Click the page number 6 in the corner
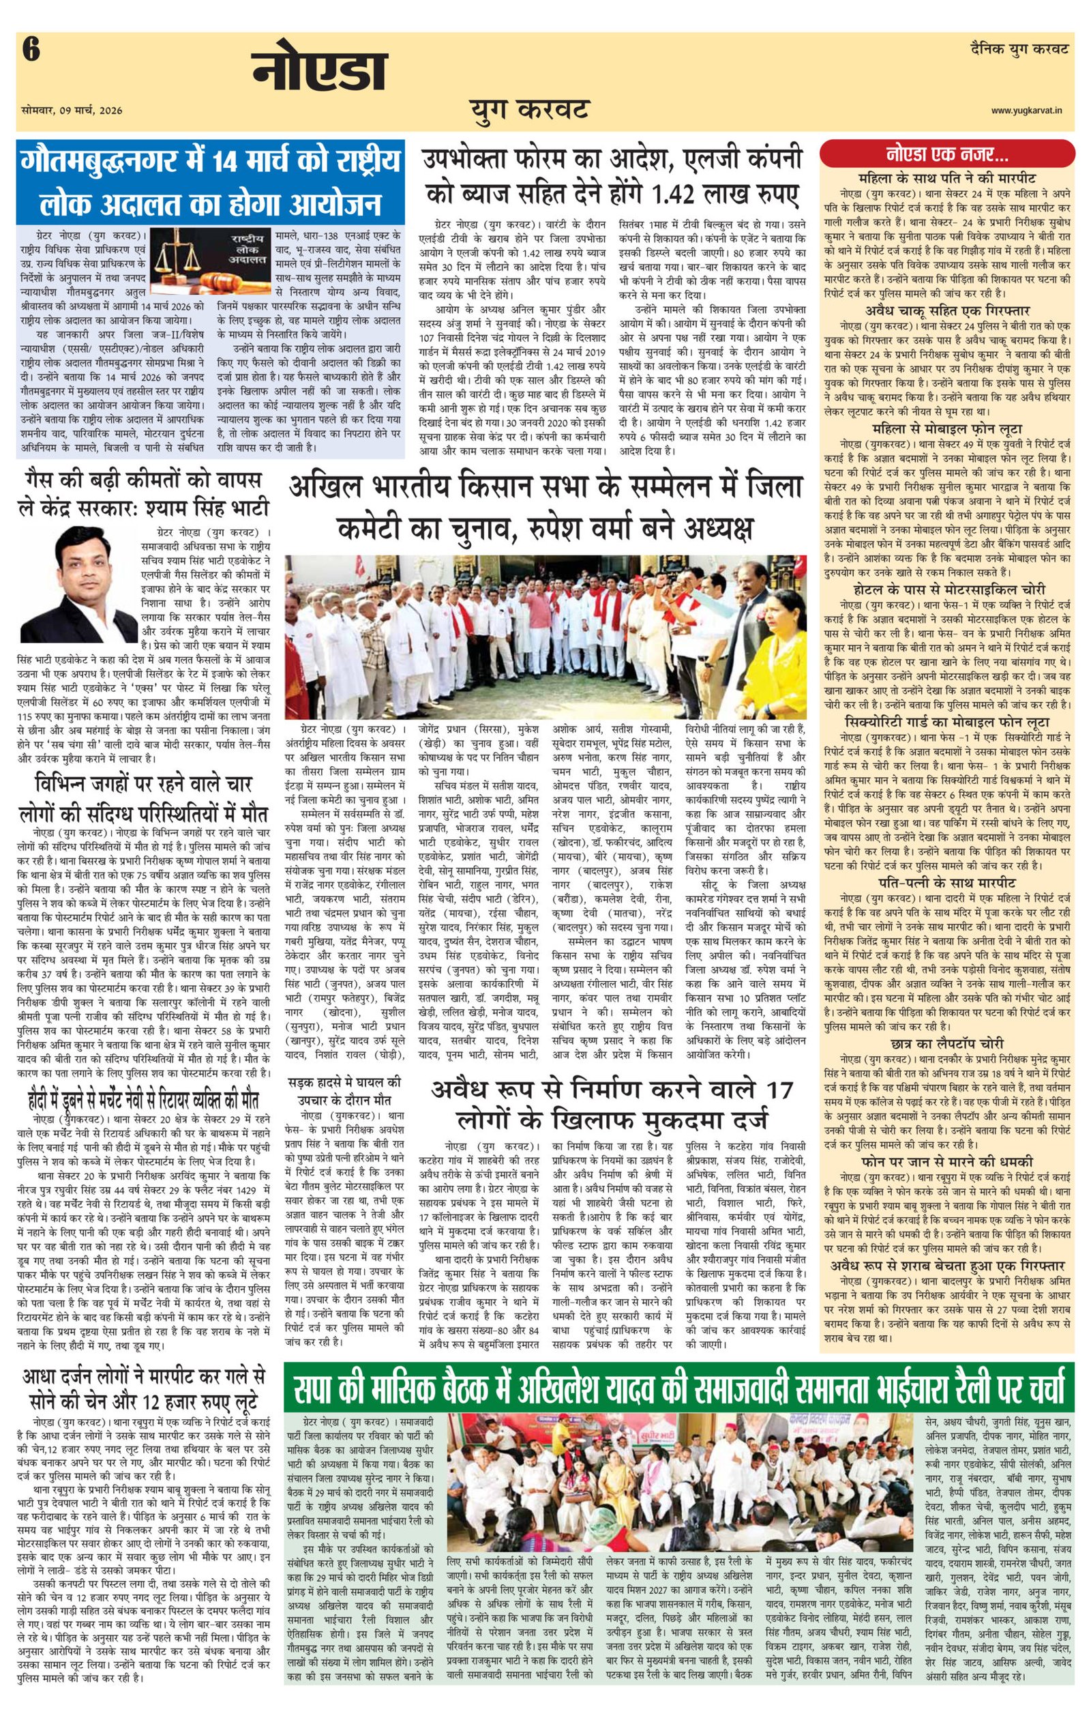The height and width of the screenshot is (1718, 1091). click(x=31, y=51)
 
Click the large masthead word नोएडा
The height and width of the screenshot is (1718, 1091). click(x=318, y=72)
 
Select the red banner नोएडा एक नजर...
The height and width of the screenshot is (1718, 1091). click(x=947, y=154)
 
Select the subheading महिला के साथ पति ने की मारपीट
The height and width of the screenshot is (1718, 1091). click(x=947, y=177)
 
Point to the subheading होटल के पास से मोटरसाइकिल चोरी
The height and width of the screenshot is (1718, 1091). click(x=947, y=589)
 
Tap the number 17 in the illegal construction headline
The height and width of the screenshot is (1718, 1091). click(x=777, y=1090)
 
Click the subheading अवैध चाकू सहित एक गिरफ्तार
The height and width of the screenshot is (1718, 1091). click(x=947, y=311)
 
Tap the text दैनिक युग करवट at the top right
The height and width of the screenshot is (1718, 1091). click(x=1019, y=50)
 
